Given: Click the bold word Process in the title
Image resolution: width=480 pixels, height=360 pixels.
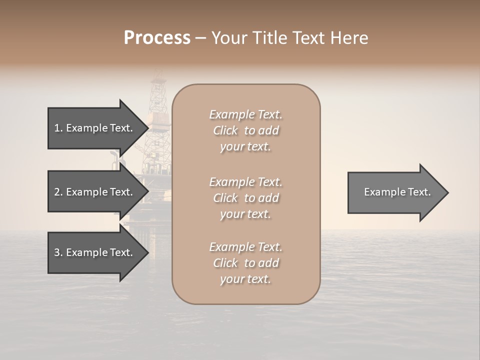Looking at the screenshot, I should [157, 38].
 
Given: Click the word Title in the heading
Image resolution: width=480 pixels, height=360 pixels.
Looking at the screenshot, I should [268, 38].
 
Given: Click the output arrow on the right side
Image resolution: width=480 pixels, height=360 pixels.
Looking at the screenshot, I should [395, 192].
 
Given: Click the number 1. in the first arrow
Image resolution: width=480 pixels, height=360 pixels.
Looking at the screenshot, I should [58, 128].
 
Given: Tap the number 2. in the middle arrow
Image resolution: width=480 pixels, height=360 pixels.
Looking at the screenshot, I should [58, 192].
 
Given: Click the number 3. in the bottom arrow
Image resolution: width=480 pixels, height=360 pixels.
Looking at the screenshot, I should [58, 253].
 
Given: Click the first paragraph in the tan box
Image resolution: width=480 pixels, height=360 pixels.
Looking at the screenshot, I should [245, 130].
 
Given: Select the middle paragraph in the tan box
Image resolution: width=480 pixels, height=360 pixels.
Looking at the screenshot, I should [245, 198].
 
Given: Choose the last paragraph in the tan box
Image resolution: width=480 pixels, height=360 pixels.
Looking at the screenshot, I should [245, 263].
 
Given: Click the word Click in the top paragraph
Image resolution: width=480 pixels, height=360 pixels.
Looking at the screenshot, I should [225, 130].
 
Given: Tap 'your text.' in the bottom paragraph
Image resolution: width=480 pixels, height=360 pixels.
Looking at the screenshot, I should [245, 279].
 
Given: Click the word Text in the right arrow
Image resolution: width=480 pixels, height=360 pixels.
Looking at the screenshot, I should [419, 192].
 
